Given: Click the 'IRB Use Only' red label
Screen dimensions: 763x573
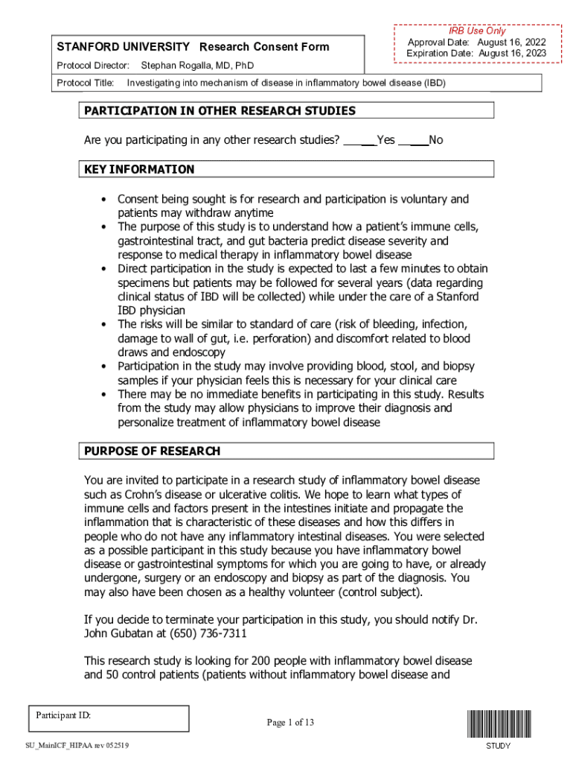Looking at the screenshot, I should pos(476,31).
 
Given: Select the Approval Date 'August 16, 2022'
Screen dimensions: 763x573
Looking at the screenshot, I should pos(513,42).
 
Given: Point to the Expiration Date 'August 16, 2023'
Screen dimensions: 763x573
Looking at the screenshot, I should pos(513,54).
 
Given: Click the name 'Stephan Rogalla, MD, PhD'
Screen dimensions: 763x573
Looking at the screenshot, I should pos(197,66).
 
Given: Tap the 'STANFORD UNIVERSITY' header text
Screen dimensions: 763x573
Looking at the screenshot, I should pos(124,47).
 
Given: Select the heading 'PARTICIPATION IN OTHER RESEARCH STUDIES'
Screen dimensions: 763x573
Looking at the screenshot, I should pos(220,111).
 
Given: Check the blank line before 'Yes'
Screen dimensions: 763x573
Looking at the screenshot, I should pos(359,140).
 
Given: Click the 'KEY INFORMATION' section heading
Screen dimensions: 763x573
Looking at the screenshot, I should pos(139,169).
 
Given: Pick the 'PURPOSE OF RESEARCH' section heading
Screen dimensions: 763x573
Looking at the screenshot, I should pos(152,451).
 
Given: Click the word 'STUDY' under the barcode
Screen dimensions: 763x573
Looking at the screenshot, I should pos(498,746).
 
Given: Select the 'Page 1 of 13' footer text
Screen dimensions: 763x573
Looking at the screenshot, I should pos(290,722).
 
